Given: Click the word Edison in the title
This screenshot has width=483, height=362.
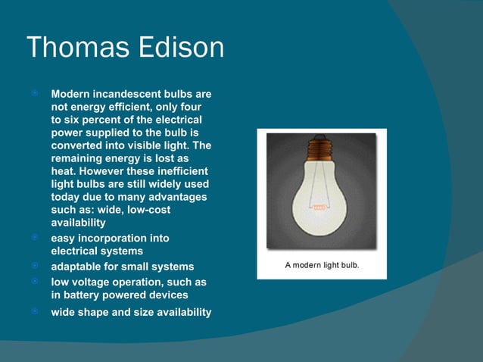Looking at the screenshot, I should click(x=181, y=48).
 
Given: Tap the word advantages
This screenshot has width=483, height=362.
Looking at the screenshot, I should click(x=176, y=198).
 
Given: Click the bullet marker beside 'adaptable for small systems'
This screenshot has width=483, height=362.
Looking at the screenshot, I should click(x=35, y=267).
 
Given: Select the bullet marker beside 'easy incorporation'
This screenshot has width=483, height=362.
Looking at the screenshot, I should click(x=35, y=238).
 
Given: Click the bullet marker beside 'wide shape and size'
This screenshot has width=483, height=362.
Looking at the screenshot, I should click(x=35, y=312).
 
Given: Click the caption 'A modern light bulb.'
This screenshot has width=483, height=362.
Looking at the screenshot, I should click(x=322, y=265).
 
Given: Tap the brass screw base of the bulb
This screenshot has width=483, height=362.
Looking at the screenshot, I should click(x=322, y=146).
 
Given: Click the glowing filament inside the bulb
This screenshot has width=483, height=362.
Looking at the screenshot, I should click(x=322, y=204).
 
